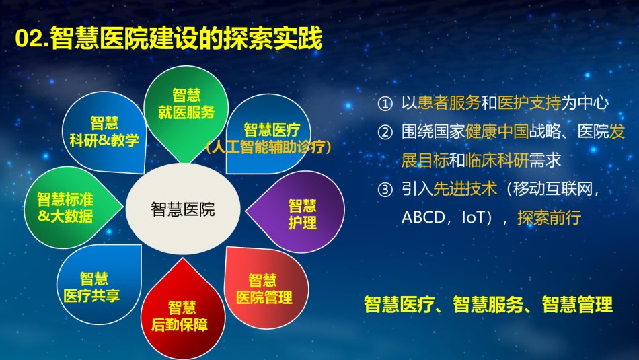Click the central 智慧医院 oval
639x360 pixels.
(x=183, y=209)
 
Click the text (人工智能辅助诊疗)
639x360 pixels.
(x=268, y=147)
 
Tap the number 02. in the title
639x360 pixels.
(x=32, y=39)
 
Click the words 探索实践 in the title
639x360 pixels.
(x=272, y=39)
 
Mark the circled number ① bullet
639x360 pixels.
(x=385, y=104)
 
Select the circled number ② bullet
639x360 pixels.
(x=385, y=132)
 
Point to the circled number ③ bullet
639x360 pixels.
(x=385, y=190)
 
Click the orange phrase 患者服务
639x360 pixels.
(x=449, y=103)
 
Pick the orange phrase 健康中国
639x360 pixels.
(x=497, y=131)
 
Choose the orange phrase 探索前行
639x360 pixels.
(x=549, y=218)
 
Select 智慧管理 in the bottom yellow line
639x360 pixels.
(x=577, y=305)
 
